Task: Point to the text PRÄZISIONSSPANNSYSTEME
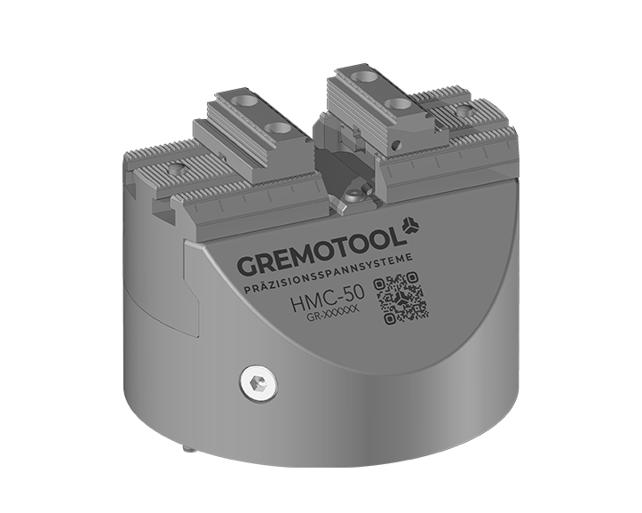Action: click(x=328, y=273)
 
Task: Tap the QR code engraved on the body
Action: click(x=401, y=297)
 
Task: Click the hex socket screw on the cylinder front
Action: click(x=258, y=383)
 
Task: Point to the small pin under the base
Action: click(x=188, y=450)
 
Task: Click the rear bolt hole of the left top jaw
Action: click(x=242, y=100)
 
